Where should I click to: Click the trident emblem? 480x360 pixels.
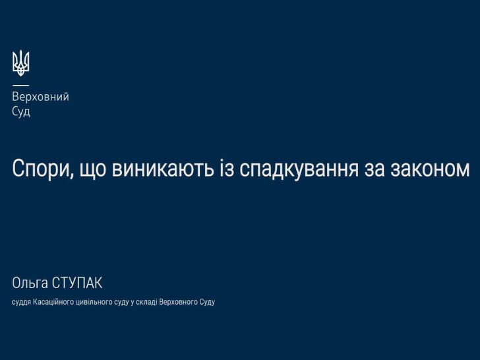click(x=21, y=63)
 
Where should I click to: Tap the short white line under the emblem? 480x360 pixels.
click(x=21, y=85)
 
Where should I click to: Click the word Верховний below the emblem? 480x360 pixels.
click(x=41, y=97)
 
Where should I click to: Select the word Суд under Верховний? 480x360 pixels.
click(x=21, y=111)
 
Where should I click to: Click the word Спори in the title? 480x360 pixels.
click(x=40, y=169)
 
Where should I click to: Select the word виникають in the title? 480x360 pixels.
click(x=163, y=169)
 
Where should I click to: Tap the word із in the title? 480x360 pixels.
click(x=227, y=168)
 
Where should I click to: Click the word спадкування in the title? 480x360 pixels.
click(x=299, y=169)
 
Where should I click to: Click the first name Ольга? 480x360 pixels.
click(x=30, y=283)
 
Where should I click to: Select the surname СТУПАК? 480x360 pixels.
click(x=77, y=283)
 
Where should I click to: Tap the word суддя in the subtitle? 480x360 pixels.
click(x=21, y=302)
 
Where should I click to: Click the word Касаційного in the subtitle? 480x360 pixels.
click(x=53, y=302)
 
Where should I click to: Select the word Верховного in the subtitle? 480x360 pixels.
click(x=179, y=302)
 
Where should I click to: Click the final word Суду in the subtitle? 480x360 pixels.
click(x=207, y=302)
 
